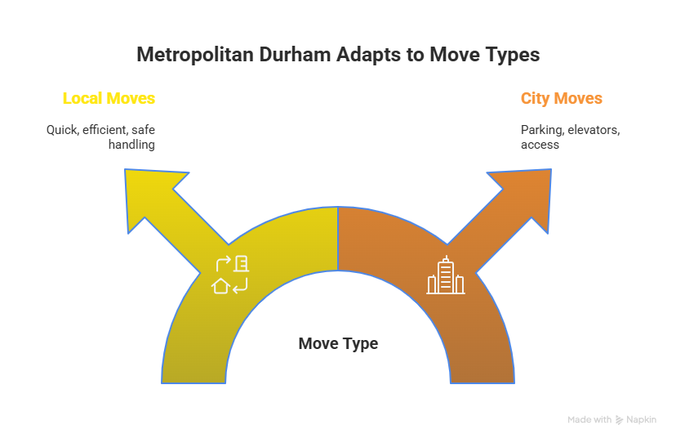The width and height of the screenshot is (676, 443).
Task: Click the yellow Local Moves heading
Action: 109,99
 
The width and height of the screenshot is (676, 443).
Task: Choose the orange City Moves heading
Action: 561,99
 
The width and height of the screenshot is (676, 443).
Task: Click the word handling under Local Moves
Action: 131,144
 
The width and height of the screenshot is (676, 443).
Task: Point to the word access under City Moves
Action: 540,144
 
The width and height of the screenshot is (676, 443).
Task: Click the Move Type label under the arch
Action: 338,343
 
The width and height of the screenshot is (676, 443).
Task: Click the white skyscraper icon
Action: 446,275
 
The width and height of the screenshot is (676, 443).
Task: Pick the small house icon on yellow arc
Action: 220,285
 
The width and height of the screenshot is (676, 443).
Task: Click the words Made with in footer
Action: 589,419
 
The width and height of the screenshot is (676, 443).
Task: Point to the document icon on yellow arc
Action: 242,263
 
